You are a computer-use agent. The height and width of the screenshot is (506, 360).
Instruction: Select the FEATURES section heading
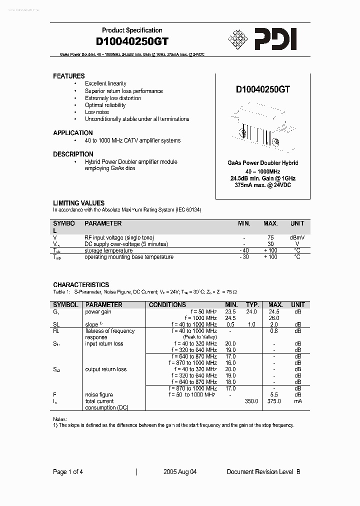click(69, 76)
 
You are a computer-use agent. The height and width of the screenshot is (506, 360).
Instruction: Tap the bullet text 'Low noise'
click(96, 112)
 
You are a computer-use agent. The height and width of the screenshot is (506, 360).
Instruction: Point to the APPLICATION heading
click(73, 133)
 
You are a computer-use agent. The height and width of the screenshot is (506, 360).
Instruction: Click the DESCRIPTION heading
click(73, 154)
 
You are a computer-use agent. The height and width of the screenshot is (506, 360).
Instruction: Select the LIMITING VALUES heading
click(79, 203)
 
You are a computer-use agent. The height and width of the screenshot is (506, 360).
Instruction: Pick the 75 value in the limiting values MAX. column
click(270, 238)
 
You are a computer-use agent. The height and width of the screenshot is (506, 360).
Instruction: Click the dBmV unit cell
click(297, 238)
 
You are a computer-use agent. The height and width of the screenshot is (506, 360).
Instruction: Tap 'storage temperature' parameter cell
click(108, 251)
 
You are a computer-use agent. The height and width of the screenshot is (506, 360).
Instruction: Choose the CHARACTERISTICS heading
click(81, 284)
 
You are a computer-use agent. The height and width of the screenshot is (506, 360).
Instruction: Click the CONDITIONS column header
click(167, 304)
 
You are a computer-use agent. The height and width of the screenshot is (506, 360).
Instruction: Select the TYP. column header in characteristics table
click(252, 304)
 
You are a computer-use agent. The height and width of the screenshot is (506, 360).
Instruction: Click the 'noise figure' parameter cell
click(99, 395)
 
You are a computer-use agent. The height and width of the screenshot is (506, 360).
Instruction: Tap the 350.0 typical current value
click(251, 401)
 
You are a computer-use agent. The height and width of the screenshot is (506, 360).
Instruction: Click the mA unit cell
click(297, 401)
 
